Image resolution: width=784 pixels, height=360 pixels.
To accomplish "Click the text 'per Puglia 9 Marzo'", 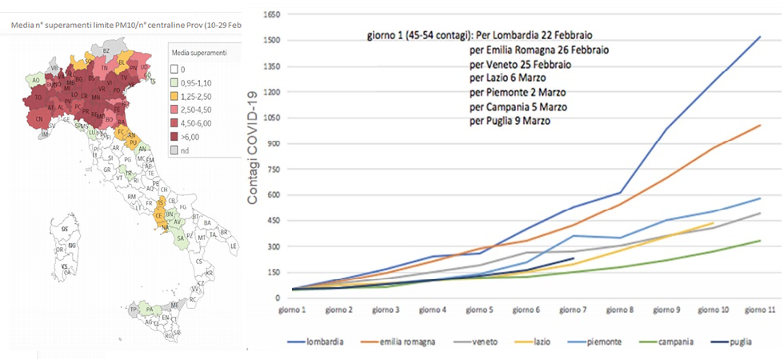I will (510, 121).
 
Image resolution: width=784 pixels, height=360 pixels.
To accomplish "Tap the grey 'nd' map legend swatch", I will (178, 150).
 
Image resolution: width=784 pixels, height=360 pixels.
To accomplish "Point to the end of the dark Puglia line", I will (574, 258).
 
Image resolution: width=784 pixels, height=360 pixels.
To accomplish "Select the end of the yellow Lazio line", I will (713, 223).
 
